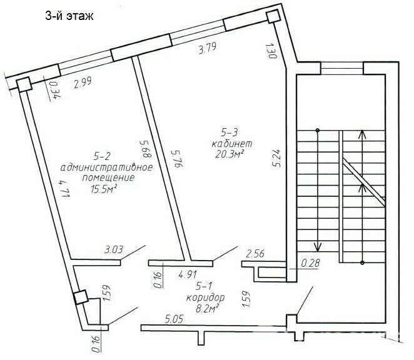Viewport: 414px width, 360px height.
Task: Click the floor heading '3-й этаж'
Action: (69, 17)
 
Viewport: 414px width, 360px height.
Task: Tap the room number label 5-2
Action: (101, 156)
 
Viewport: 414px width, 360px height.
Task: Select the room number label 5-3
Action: (230, 132)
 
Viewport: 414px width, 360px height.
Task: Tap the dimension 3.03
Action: (114, 251)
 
